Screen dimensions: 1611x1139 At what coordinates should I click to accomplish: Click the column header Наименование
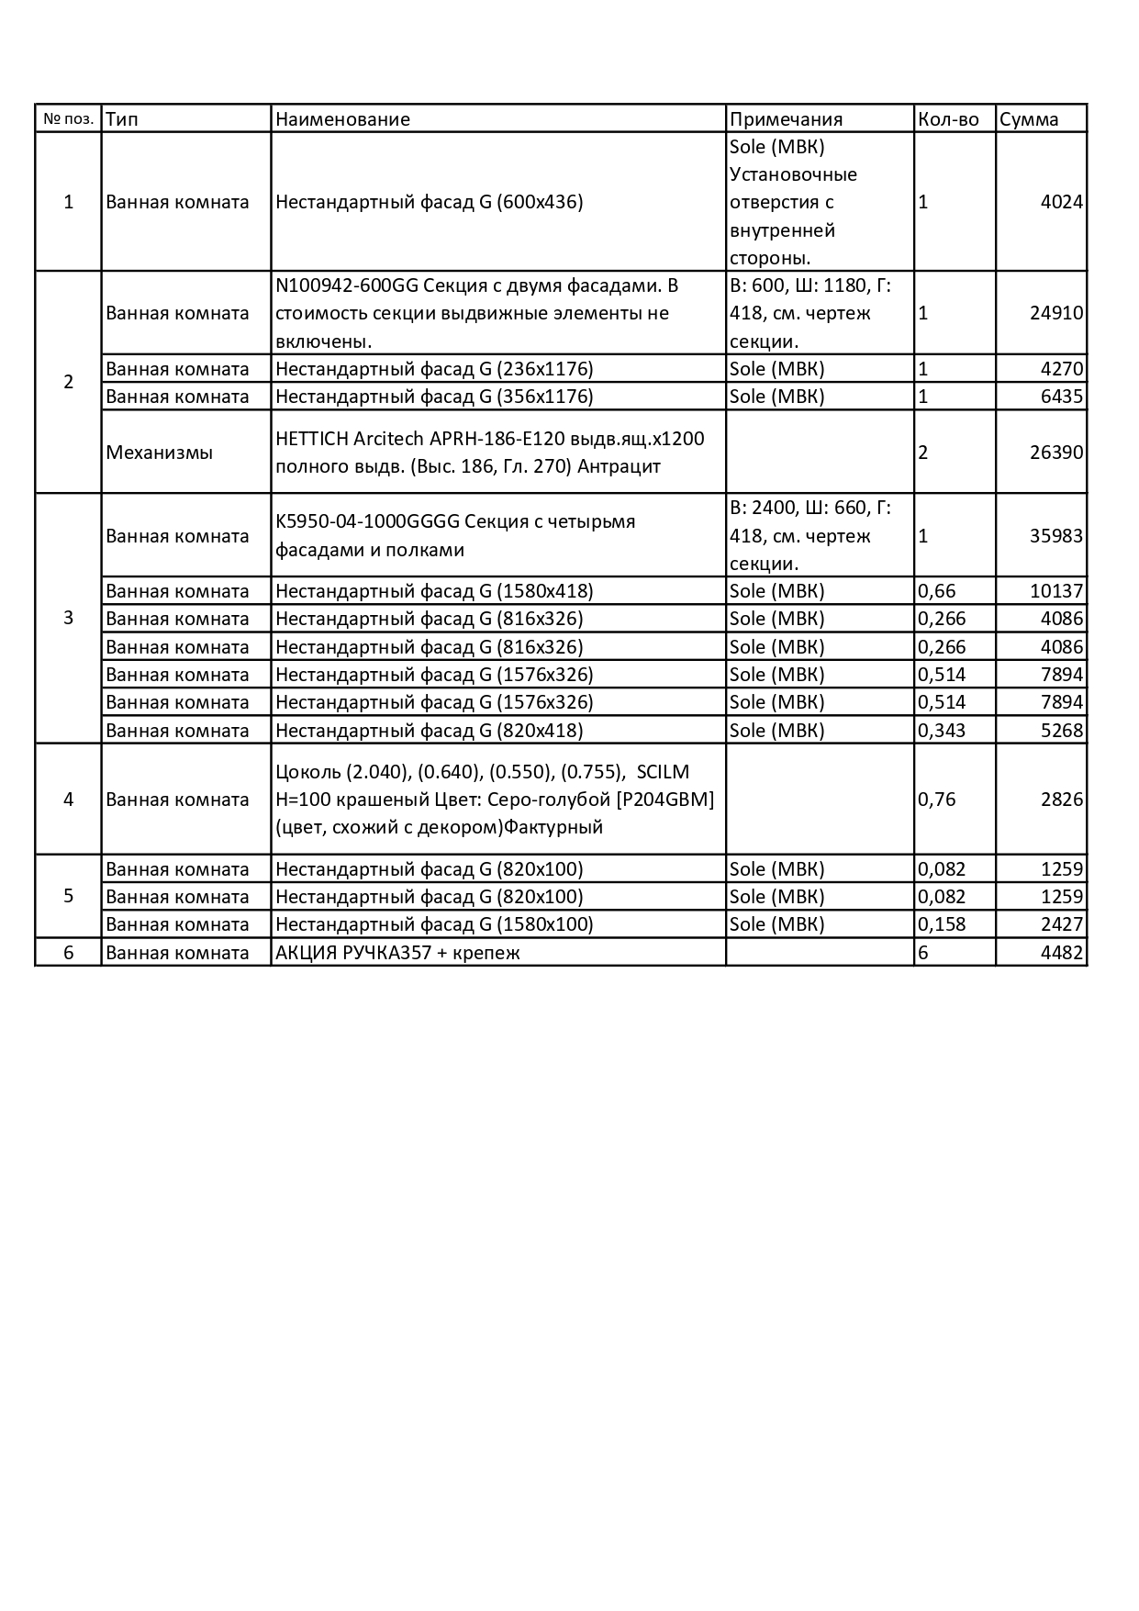(x=342, y=119)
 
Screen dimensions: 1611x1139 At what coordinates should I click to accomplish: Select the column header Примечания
(x=786, y=119)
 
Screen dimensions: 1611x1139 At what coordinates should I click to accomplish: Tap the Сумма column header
(x=1029, y=119)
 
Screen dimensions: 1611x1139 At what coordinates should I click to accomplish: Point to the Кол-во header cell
(x=948, y=119)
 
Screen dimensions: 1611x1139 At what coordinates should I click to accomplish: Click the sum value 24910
(x=1056, y=313)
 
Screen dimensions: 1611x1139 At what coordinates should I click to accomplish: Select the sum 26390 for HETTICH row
(x=1056, y=453)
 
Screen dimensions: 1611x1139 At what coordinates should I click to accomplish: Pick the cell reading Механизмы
(x=160, y=453)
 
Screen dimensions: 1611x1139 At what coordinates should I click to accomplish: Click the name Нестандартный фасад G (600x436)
(x=429, y=202)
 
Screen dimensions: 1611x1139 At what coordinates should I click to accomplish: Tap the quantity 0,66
(x=937, y=591)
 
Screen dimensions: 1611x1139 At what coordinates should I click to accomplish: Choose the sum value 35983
(x=1056, y=536)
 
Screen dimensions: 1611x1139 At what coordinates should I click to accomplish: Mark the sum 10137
(x=1056, y=591)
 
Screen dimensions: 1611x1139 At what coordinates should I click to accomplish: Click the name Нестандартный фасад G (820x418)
(x=429, y=731)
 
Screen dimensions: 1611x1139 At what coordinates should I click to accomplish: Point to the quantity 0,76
(x=937, y=800)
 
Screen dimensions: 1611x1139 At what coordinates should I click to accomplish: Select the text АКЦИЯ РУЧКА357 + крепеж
(x=397, y=953)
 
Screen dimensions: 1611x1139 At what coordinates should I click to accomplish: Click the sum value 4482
(x=1062, y=953)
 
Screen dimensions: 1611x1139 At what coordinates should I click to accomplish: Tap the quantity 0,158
(x=942, y=924)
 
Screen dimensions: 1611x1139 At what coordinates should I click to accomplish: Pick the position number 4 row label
(x=68, y=800)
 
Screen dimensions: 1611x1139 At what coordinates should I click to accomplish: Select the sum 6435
(x=1062, y=397)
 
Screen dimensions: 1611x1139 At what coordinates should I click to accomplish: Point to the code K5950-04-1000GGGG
(x=367, y=522)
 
